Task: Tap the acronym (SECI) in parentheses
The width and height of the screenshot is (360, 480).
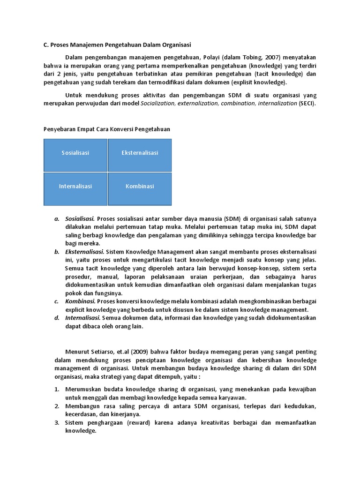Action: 307,103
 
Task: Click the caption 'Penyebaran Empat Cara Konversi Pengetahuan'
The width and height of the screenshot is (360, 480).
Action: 107,128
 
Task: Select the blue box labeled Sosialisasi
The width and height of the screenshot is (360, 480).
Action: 75,153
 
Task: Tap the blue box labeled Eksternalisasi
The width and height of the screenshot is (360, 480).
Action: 140,153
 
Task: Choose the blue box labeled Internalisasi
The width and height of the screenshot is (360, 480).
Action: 75,186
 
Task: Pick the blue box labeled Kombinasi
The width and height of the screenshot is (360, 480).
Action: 140,186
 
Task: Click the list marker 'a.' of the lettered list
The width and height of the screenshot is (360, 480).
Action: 56,218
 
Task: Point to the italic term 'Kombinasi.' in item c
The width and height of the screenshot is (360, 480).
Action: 80,301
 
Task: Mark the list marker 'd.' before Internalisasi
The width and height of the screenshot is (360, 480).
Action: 56,318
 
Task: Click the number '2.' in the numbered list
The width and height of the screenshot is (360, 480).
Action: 56,406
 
